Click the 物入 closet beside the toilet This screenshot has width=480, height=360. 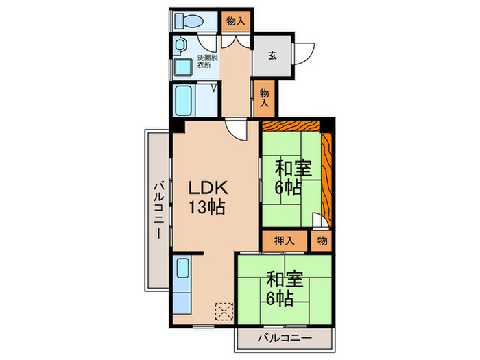[235, 21]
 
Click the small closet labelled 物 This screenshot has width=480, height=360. [322, 241]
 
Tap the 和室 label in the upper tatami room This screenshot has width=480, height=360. [293, 167]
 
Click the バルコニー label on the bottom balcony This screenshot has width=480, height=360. [285, 338]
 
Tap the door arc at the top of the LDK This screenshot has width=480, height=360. [237, 130]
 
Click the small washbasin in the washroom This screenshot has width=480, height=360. [180, 46]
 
